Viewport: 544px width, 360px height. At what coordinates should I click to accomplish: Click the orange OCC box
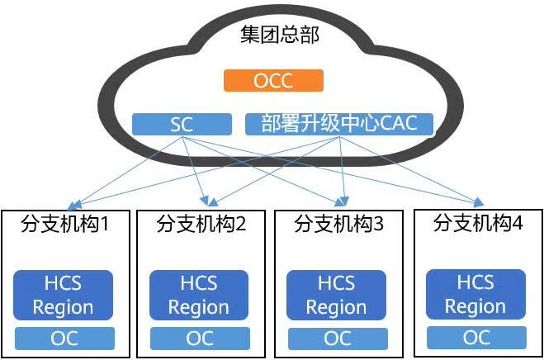point(273,81)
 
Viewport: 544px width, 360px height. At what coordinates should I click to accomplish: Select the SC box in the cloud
point(182,125)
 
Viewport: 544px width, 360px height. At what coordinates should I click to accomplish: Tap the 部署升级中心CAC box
point(339,124)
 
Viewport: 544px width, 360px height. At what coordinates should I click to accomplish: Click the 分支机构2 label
point(201,224)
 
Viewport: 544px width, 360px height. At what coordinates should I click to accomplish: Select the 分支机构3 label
point(338,224)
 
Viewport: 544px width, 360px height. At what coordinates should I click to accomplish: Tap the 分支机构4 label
point(477,222)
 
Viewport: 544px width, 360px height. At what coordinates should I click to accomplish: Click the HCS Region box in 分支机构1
point(64,296)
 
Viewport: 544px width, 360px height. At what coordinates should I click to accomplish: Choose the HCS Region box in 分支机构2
point(199,296)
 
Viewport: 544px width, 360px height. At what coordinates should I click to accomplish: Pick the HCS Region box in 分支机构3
point(337,296)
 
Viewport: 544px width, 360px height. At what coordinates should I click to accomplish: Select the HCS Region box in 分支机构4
point(475,295)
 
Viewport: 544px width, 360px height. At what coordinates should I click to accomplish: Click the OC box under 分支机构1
point(64,338)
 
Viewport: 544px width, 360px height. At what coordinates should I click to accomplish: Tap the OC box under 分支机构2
point(199,339)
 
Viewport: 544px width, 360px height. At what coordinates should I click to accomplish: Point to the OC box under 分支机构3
point(337,339)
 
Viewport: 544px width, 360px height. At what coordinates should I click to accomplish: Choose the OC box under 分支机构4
point(475,337)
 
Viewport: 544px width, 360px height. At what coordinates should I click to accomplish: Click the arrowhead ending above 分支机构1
point(72,205)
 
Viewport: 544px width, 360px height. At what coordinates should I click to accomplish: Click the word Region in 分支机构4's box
point(475,306)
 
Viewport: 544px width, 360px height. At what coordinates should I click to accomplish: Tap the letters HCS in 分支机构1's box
point(63,283)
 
